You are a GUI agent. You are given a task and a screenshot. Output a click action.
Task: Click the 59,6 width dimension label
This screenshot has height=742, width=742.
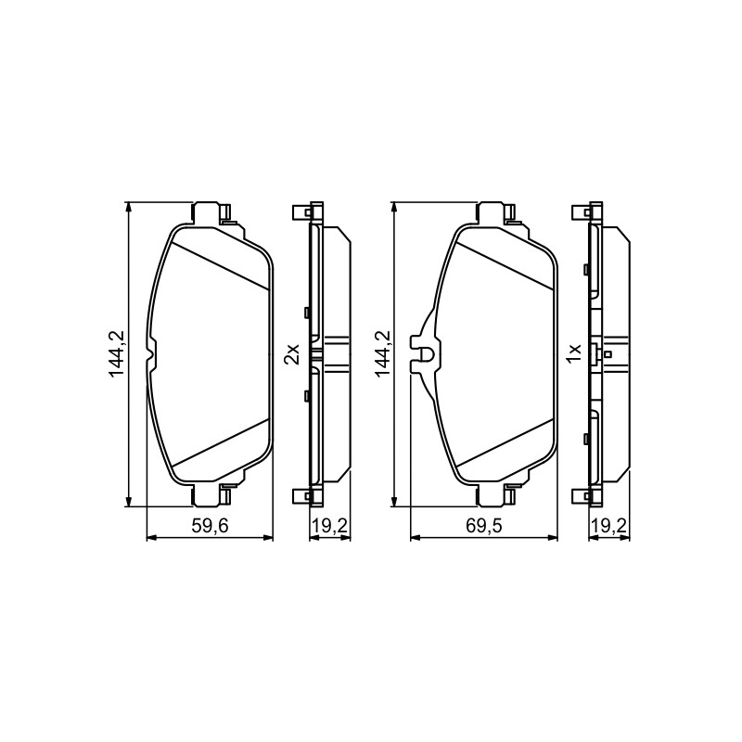(x=210, y=526)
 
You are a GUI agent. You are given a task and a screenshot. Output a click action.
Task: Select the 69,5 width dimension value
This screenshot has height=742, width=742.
(x=483, y=526)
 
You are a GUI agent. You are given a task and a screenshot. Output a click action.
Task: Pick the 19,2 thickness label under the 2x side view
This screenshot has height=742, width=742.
(x=328, y=526)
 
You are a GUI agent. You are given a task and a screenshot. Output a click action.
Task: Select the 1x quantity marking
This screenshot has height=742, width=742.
(x=574, y=353)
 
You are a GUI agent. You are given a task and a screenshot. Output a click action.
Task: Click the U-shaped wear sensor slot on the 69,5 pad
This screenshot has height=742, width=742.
(x=428, y=353)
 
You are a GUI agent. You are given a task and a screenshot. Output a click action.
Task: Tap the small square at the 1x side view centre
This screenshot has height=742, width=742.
(x=608, y=354)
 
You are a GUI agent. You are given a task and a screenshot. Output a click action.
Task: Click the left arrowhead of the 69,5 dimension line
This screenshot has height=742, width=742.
(x=416, y=537)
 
